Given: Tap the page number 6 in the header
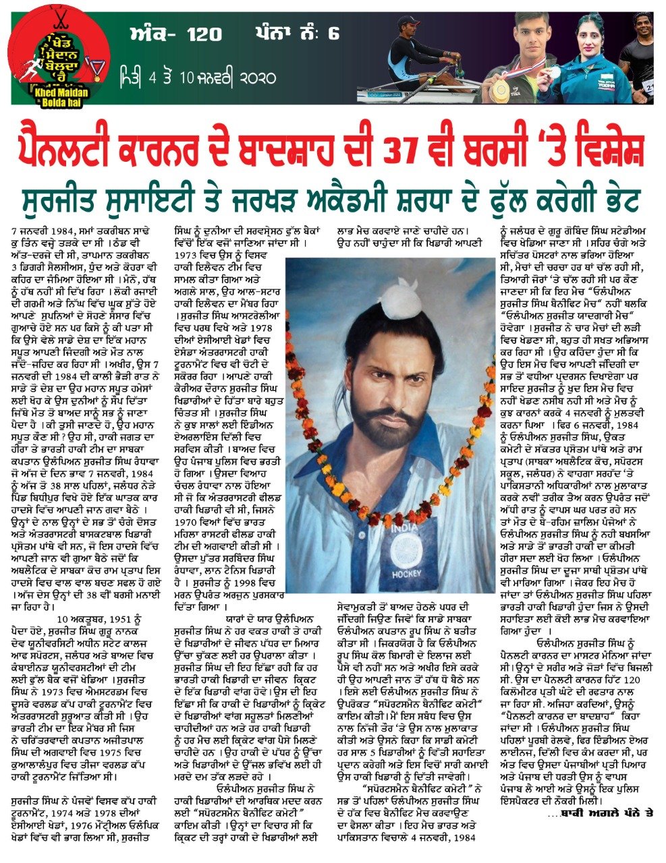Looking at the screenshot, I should pyautogui.click(x=333, y=33).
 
